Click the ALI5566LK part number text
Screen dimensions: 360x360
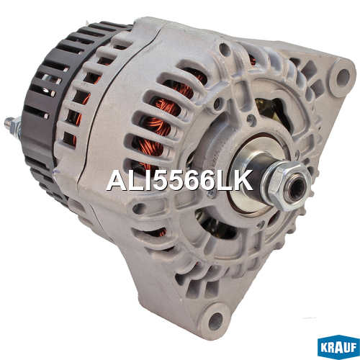pos(179,180)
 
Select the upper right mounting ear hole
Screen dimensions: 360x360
pos(343,78)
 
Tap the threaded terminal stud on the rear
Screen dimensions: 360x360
pos(9,122)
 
